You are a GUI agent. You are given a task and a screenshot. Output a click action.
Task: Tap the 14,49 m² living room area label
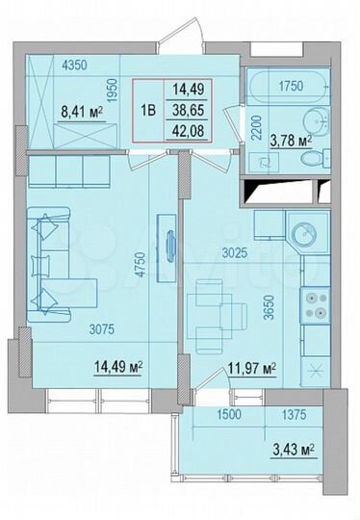(x=117, y=366)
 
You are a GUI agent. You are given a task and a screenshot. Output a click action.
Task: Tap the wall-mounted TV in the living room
(x=169, y=245)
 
